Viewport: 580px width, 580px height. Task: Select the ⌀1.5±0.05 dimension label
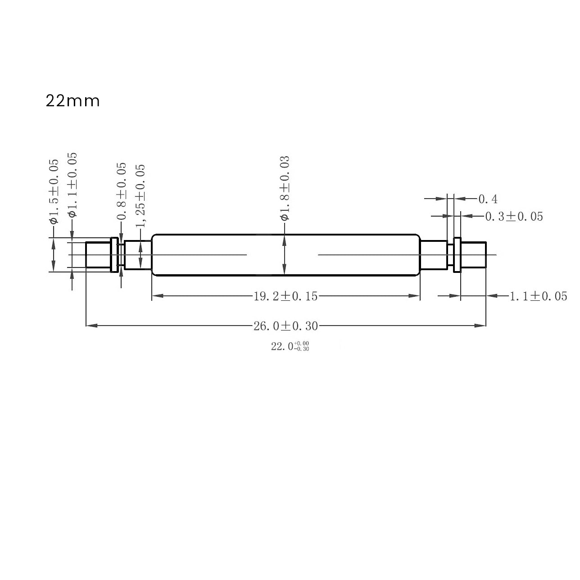54,191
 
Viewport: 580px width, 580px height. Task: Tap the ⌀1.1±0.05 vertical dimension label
72,185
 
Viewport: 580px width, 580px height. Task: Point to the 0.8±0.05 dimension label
122,191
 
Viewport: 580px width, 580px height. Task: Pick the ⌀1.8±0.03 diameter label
284,188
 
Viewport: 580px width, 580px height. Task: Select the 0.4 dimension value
488,199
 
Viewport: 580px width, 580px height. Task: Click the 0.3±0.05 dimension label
514,217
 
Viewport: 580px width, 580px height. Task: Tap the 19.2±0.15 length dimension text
285,296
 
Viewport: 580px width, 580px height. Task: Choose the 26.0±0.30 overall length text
285,326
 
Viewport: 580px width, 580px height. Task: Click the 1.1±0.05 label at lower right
538,296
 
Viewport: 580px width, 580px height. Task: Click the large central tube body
285,255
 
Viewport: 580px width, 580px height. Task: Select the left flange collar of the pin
114,255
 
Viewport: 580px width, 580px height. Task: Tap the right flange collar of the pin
458,255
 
